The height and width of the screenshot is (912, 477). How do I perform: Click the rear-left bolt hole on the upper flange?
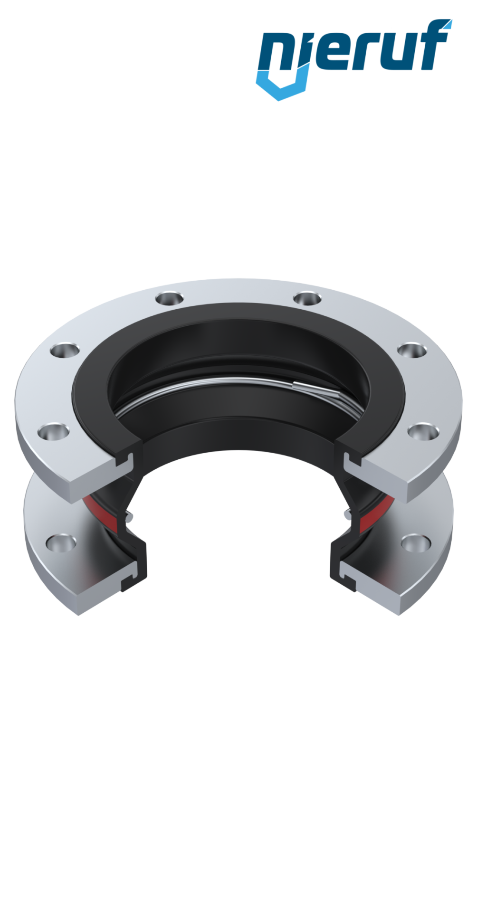point(168,299)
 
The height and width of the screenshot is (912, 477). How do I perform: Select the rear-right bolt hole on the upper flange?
point(307,298)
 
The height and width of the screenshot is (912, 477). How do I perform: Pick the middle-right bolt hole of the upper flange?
point(411,351)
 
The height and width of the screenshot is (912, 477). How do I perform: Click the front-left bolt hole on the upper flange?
point(50,432)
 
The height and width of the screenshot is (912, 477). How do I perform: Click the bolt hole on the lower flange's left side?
point(60,541)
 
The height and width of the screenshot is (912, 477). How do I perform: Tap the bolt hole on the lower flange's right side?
point(413,541)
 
